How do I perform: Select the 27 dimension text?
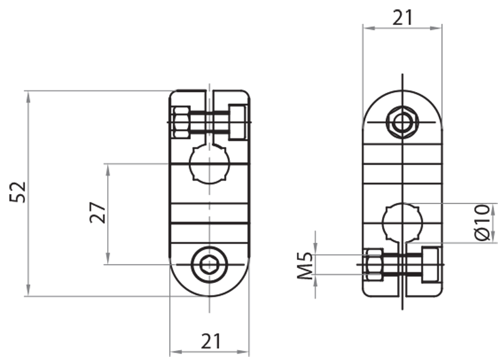click(96, 213)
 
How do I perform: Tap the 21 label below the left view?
click(210, 341)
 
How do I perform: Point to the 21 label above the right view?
click(403, 18)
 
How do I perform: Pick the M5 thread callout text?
click(305, 265)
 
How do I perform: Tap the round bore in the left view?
click(210, 163)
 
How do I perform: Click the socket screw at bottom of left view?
click(210, 265)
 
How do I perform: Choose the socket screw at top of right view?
click(402, 121)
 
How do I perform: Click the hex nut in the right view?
click(373, 264)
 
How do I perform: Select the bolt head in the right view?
click(431, 264)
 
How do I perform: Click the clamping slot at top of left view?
click(210, 100)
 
